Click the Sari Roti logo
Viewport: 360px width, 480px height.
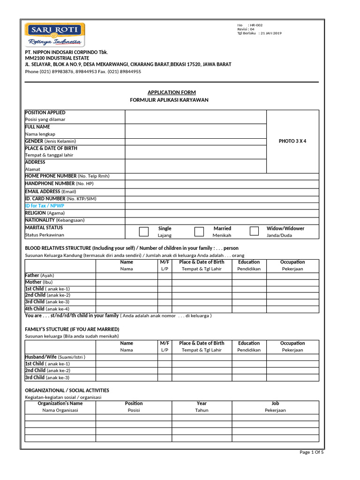click(55, 35)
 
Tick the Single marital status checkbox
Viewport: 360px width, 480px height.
click(144, 231)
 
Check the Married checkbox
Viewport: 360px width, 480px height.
click(199, 231)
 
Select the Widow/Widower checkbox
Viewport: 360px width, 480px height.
click(254, 231)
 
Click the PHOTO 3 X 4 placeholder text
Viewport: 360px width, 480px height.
click(292, 141)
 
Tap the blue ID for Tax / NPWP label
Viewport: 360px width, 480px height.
click(45, 206)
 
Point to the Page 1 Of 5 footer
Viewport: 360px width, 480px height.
click(312, 452)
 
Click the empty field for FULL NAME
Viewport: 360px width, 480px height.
click(195, 131)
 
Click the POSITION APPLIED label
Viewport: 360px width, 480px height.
click(45, 112)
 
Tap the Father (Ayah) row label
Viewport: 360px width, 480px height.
click(40, 275)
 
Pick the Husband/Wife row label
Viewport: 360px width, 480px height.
click(55, 357)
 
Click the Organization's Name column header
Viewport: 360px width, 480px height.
click(60, 403)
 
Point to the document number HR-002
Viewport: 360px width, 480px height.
click(256, 24)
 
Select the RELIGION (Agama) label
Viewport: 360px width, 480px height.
click(45, 213)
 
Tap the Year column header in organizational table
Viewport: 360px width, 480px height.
click(202, 403)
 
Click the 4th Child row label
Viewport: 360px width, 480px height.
click(47, 309)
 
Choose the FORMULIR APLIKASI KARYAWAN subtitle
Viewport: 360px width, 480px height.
click(169, 100)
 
